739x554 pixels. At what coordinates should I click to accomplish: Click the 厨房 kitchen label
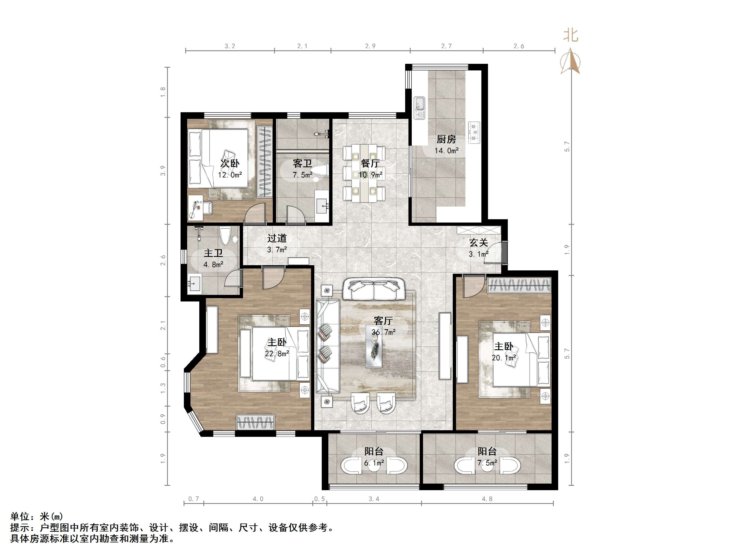[x=446, y=139]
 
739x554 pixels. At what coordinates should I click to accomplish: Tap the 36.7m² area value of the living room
[x=383, y=332]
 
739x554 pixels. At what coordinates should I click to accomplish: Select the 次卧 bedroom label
[x=230, y=163]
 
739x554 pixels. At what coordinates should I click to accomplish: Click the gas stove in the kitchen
[x=474, y=133]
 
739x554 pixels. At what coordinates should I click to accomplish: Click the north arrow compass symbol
[x=571, y=62]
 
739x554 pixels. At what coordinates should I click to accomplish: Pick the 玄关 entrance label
[x=478, y=243]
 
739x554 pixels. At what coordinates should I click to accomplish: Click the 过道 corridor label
[x=277, y=238]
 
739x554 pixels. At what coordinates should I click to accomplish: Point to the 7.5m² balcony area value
[x=487, y=463]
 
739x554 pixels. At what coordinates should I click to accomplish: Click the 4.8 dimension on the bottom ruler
[x=487, y=499]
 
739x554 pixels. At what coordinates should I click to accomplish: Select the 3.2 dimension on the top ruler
[x=230, y=46]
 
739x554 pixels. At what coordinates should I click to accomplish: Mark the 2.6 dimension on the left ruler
[x=163, y=260]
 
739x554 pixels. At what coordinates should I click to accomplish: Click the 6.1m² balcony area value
[x=374, y=463]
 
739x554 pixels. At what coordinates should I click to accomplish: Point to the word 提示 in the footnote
[x=20, y=528]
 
